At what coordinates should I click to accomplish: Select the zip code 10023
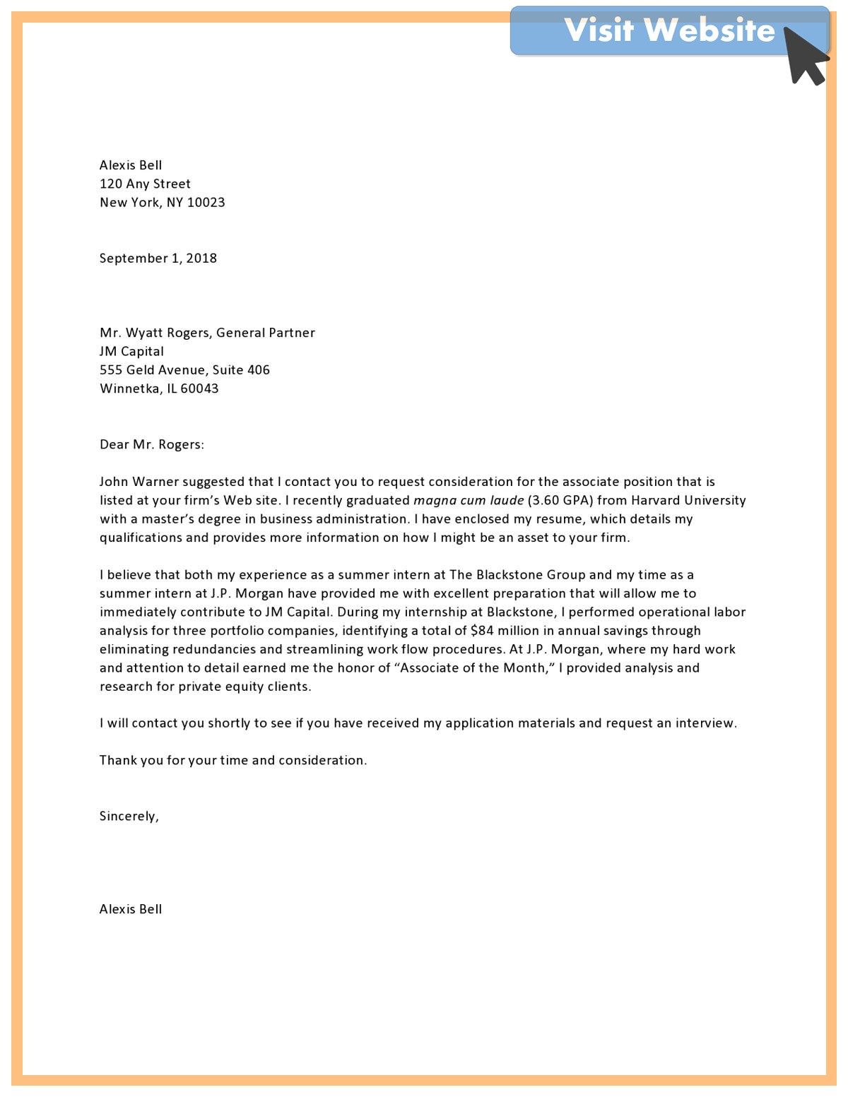[206, 203]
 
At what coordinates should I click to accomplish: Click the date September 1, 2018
[158, 259]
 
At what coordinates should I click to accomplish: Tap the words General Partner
[266, 333]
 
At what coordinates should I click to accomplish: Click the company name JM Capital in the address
[131, 351]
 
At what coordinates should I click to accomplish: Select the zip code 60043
[199, 389]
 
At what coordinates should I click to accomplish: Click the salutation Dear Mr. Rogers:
[151, 444]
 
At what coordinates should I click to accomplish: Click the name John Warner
[139, 482]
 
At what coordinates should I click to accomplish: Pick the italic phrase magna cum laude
[469, 501]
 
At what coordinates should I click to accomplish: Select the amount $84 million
[505, 631]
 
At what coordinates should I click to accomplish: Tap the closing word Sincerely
[129, 817]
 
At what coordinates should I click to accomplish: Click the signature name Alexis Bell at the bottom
[131, 910]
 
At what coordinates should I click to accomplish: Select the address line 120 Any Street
[145, 184]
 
